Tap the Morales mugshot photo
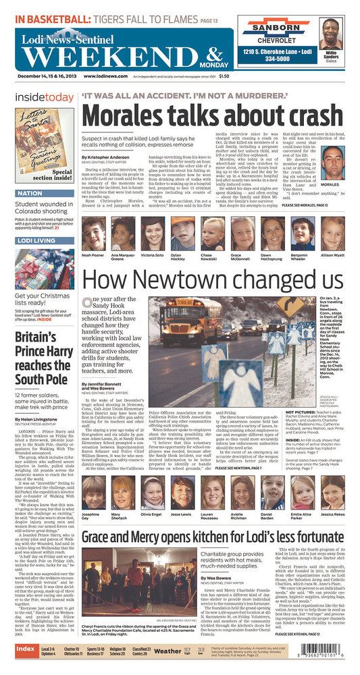click(332, 162)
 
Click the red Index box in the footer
click(26, 649)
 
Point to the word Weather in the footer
click(167, 651)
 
